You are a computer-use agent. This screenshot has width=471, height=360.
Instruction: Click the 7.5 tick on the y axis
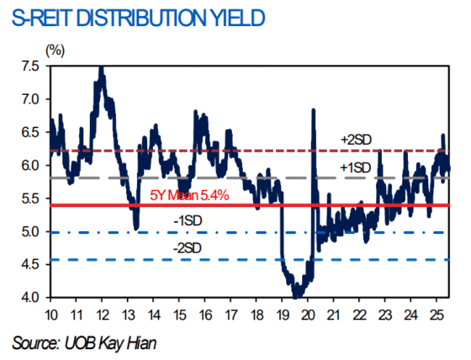[29, 66]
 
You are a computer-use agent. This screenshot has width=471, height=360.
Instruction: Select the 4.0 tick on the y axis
[29, 298]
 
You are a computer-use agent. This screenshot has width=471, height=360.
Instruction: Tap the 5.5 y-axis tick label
[29, 199]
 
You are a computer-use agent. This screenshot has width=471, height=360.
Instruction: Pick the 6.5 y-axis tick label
[29, 133]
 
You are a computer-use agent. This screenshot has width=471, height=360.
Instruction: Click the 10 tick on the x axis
[50, 315]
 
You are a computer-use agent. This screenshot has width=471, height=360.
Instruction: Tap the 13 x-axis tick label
[128, 315]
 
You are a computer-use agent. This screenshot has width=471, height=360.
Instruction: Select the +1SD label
[356, 167]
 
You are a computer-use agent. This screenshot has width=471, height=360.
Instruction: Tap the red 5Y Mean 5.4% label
[190, 196]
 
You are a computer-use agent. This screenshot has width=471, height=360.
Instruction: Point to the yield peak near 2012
[102, 69]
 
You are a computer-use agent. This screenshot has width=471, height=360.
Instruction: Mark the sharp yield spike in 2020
[314, 110]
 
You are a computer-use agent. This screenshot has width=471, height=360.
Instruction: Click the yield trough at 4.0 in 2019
[297, 296]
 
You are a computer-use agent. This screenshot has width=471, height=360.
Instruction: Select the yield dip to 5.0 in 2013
[136, 227]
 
